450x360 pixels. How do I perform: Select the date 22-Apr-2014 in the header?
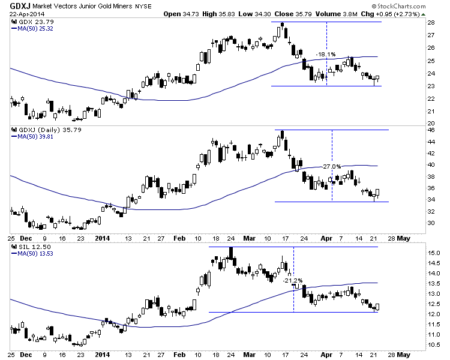click(23, 13)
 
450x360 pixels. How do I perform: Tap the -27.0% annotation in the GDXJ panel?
click(332, 166)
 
